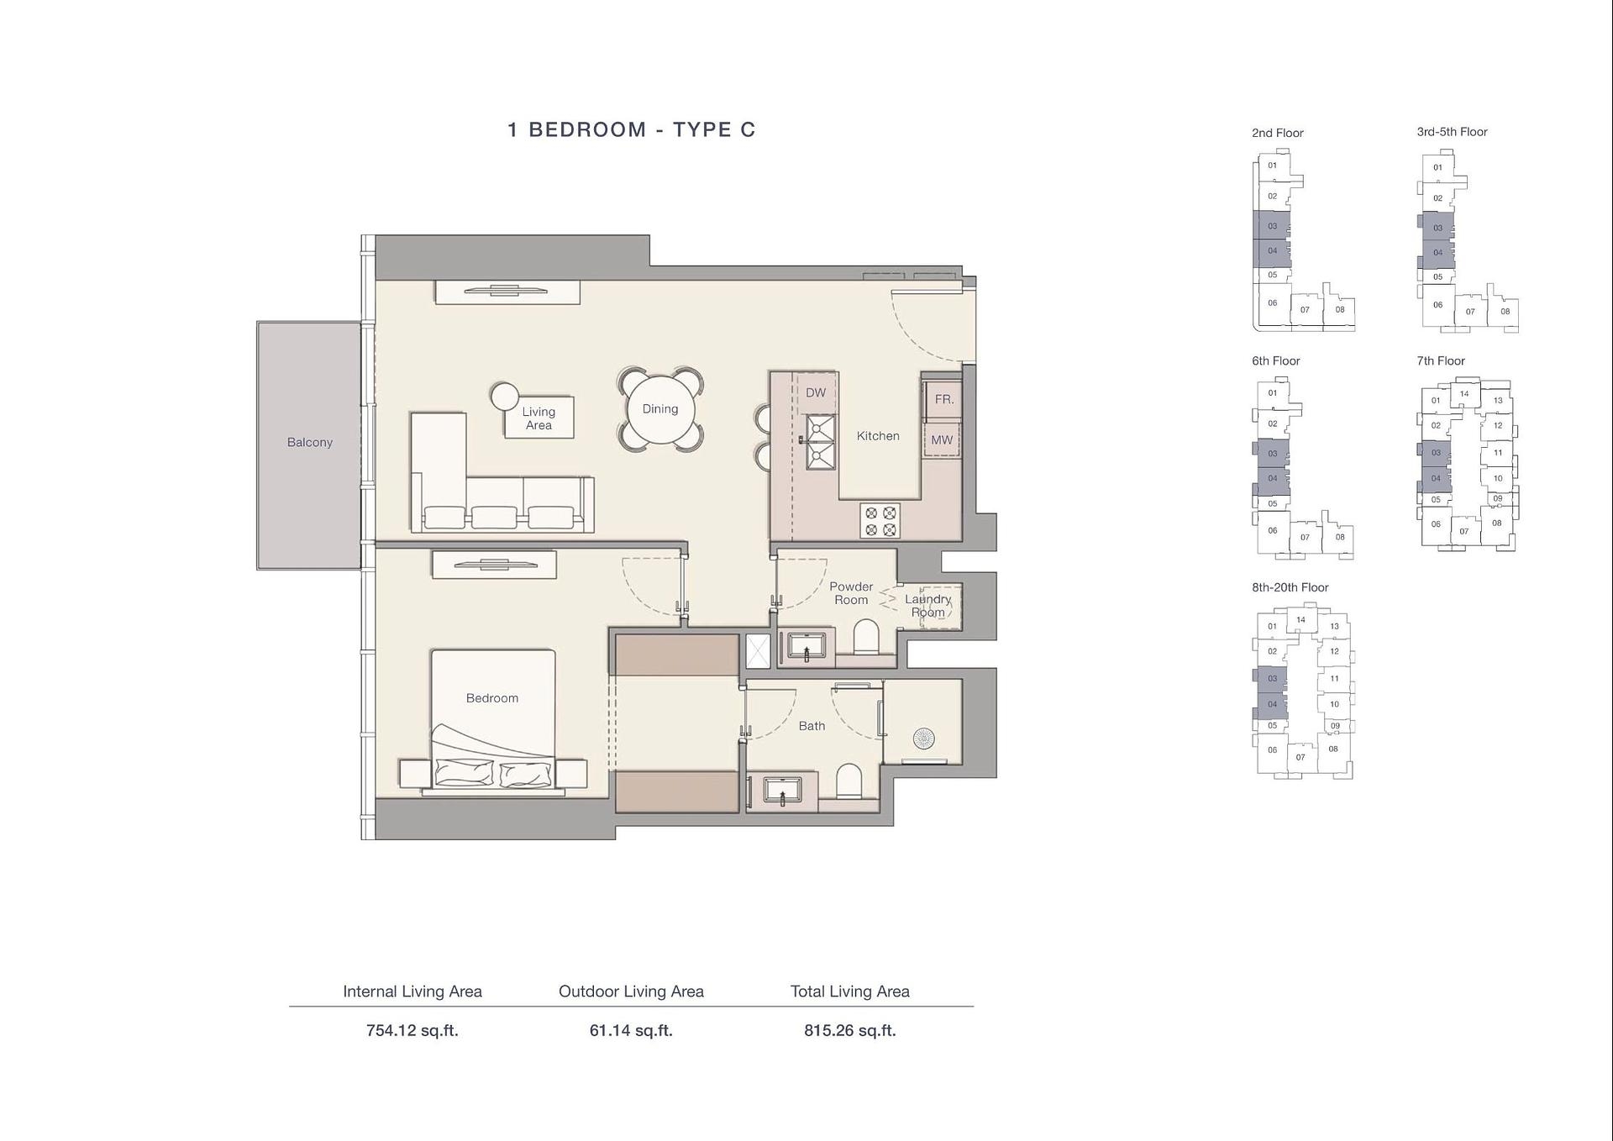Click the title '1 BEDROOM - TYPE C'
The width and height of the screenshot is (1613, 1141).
coord(631,129)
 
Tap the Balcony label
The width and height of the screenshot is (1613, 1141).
coord(309,443)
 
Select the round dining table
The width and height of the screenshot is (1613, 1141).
coord(660,409)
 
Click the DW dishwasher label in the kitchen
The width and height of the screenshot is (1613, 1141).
coord(816,392)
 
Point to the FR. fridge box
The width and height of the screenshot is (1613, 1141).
coord(943,400)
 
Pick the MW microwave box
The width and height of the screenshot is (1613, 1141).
coord(942,440)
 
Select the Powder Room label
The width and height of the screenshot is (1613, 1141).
coord(851,593)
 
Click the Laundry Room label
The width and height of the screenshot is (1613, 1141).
coord(927,606)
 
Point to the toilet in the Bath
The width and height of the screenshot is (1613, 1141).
coord(849,781)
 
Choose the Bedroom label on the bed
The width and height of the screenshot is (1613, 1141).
coord(492,698)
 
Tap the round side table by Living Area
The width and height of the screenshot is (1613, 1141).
coord(506,397)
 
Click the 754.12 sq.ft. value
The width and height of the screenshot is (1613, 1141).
coord(412,1031)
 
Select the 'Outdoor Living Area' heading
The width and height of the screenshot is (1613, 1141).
coord(631,991)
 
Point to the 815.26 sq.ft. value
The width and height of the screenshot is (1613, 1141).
coord(849,1031)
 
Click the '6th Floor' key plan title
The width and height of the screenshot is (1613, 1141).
coord(1275,361)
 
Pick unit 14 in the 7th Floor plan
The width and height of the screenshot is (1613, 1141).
coord(1464,394)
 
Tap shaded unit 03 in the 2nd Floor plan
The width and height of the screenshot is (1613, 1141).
coord(1272,226)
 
